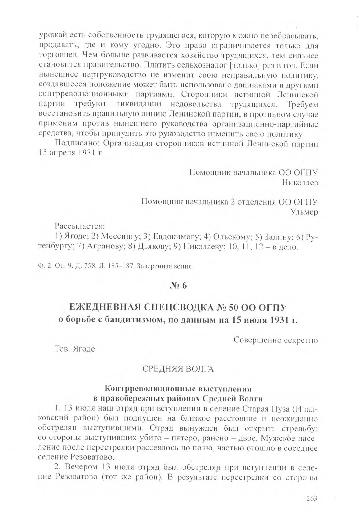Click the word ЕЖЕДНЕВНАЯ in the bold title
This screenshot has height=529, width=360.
point(106,307)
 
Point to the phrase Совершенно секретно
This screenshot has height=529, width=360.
point(276,340)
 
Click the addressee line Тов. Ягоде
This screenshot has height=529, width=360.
point(75,349)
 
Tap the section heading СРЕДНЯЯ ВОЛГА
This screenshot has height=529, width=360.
point(178,369)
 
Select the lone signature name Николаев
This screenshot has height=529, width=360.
point(300,183)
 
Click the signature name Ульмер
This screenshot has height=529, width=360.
point(304,212)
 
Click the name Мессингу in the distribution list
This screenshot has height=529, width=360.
point(120,237)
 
